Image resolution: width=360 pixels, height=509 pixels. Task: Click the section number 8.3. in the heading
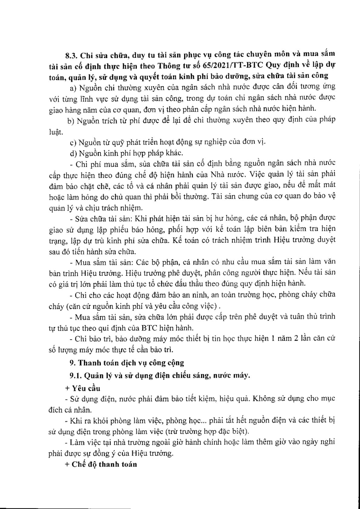coord(72,54)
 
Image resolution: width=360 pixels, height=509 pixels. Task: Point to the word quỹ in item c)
coord(105,143)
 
